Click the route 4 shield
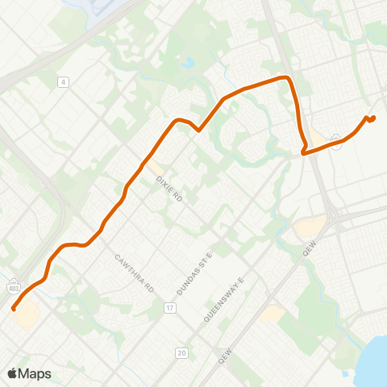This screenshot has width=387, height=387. (x=62, y=81)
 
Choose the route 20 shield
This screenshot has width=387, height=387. (x=182, y=352)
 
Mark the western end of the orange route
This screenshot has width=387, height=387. (x=14, y=308)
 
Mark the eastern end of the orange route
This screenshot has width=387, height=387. (x=373, y=119)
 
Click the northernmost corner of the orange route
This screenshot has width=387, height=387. (x=284, y=77)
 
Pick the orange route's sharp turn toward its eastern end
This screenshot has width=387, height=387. (x=303, y=151)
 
